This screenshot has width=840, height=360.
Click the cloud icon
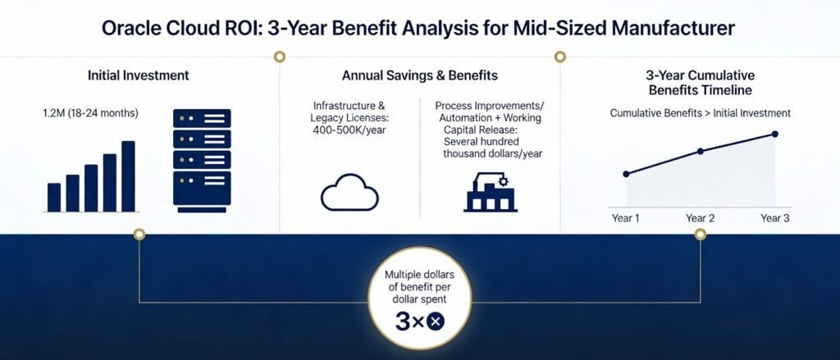(349, 193)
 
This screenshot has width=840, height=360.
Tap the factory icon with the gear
(490, 193)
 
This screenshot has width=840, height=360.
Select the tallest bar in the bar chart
(129, 176)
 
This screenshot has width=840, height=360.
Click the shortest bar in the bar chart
(54, 197)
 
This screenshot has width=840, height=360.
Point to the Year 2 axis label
(701, 219)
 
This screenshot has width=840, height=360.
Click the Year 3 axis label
(774, 219)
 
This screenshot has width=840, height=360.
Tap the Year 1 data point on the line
(626, 174)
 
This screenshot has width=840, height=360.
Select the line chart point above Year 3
(774, 134)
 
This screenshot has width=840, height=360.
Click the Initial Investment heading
(138, 75)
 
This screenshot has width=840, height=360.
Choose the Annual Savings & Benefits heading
(419, 75)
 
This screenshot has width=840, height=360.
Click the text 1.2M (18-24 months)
(90, 113)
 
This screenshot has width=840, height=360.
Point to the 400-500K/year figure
(349, 130)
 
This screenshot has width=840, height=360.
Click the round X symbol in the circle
(436, 321)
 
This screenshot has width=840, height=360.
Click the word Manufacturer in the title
(675, 29)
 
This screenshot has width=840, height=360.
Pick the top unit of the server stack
(202, 118)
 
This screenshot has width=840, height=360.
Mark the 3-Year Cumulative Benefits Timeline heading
(701, 83)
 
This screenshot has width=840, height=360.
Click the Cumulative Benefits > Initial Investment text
(701, 113)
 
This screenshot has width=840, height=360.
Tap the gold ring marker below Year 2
(701, 234)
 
